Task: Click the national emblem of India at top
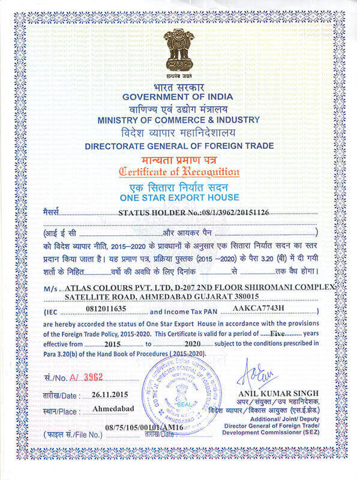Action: (179, 50)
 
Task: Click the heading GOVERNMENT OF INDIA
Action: (179, 97)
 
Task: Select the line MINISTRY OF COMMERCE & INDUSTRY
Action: (179, 119)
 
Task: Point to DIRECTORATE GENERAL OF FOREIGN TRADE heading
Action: (179, 146)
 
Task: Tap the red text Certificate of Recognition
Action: (179, 172)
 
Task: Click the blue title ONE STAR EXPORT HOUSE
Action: (179, 197)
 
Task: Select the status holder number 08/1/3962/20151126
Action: (220, 212)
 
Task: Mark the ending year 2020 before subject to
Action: (191, 343)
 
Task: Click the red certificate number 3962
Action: (94, 377)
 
